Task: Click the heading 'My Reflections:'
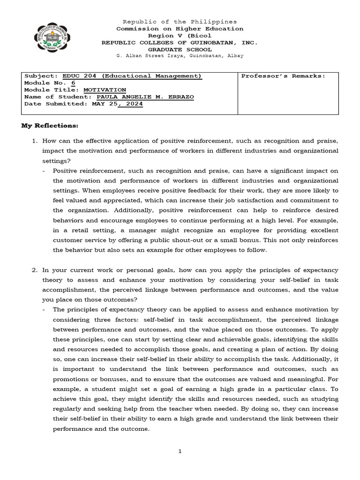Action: tap(50, 126)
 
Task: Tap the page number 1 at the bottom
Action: tap(180, 451)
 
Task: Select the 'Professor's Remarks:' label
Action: tap(283, 76)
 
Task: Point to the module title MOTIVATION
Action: tap(105, 90)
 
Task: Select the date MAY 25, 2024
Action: tap(117, 104)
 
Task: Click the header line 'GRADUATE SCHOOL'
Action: tap(180, 49)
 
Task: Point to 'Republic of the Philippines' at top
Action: tap(180, 22)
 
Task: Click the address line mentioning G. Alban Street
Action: tap(180, 56)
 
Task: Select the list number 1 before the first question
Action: tap(34, 141)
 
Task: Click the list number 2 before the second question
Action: tap(34, 270)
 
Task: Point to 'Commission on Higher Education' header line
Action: tap(180, 29)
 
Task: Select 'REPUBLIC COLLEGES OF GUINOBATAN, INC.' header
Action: tap(180, 42)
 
